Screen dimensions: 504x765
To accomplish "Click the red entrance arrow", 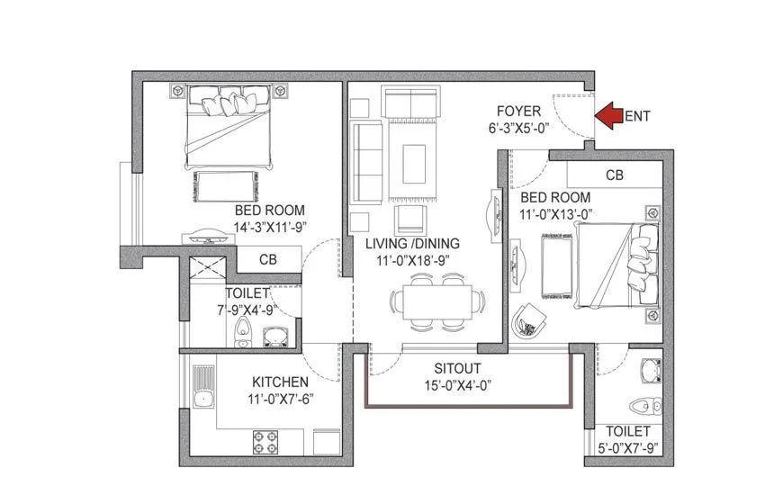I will (610, 114).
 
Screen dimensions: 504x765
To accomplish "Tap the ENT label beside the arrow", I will (637, 116).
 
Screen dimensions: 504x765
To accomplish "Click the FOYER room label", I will (519, 112).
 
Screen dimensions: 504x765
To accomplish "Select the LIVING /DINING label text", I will (412, 243).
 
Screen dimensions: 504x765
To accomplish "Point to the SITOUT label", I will (456, 368).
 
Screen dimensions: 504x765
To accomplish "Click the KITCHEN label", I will (280, 382).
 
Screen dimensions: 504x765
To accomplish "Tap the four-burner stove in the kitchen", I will (265, 442).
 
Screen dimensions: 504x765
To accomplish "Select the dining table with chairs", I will (437, 301).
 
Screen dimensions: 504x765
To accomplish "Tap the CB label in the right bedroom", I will (615, 175).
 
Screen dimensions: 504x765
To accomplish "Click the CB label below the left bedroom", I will (267, 259).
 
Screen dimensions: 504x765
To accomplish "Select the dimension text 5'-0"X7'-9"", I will (627, 447).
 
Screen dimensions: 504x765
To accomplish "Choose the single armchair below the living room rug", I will (410, 218).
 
